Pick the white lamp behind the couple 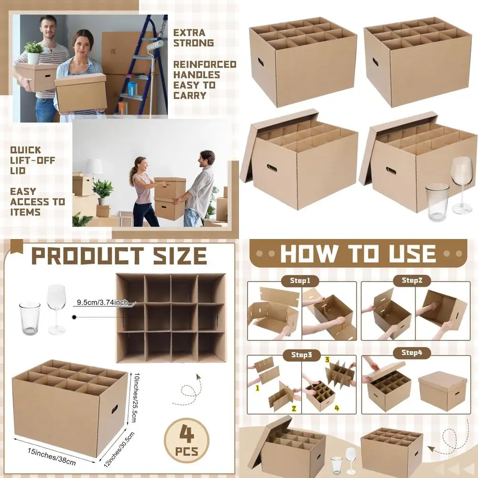click(x=94, y=168)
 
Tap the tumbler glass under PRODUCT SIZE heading click(x=29, y=318)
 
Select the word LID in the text click(x=18, y=171)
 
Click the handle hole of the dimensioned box click(x=115, y=409)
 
